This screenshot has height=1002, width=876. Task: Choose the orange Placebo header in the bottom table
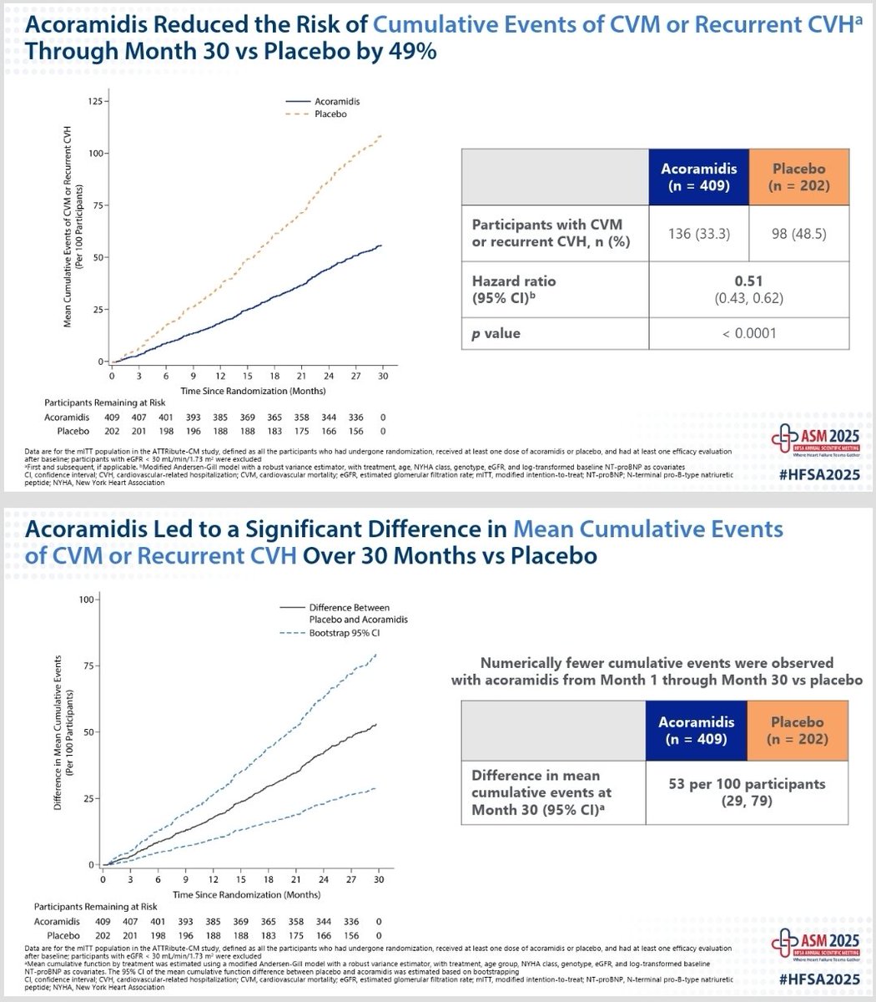point(798,730)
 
